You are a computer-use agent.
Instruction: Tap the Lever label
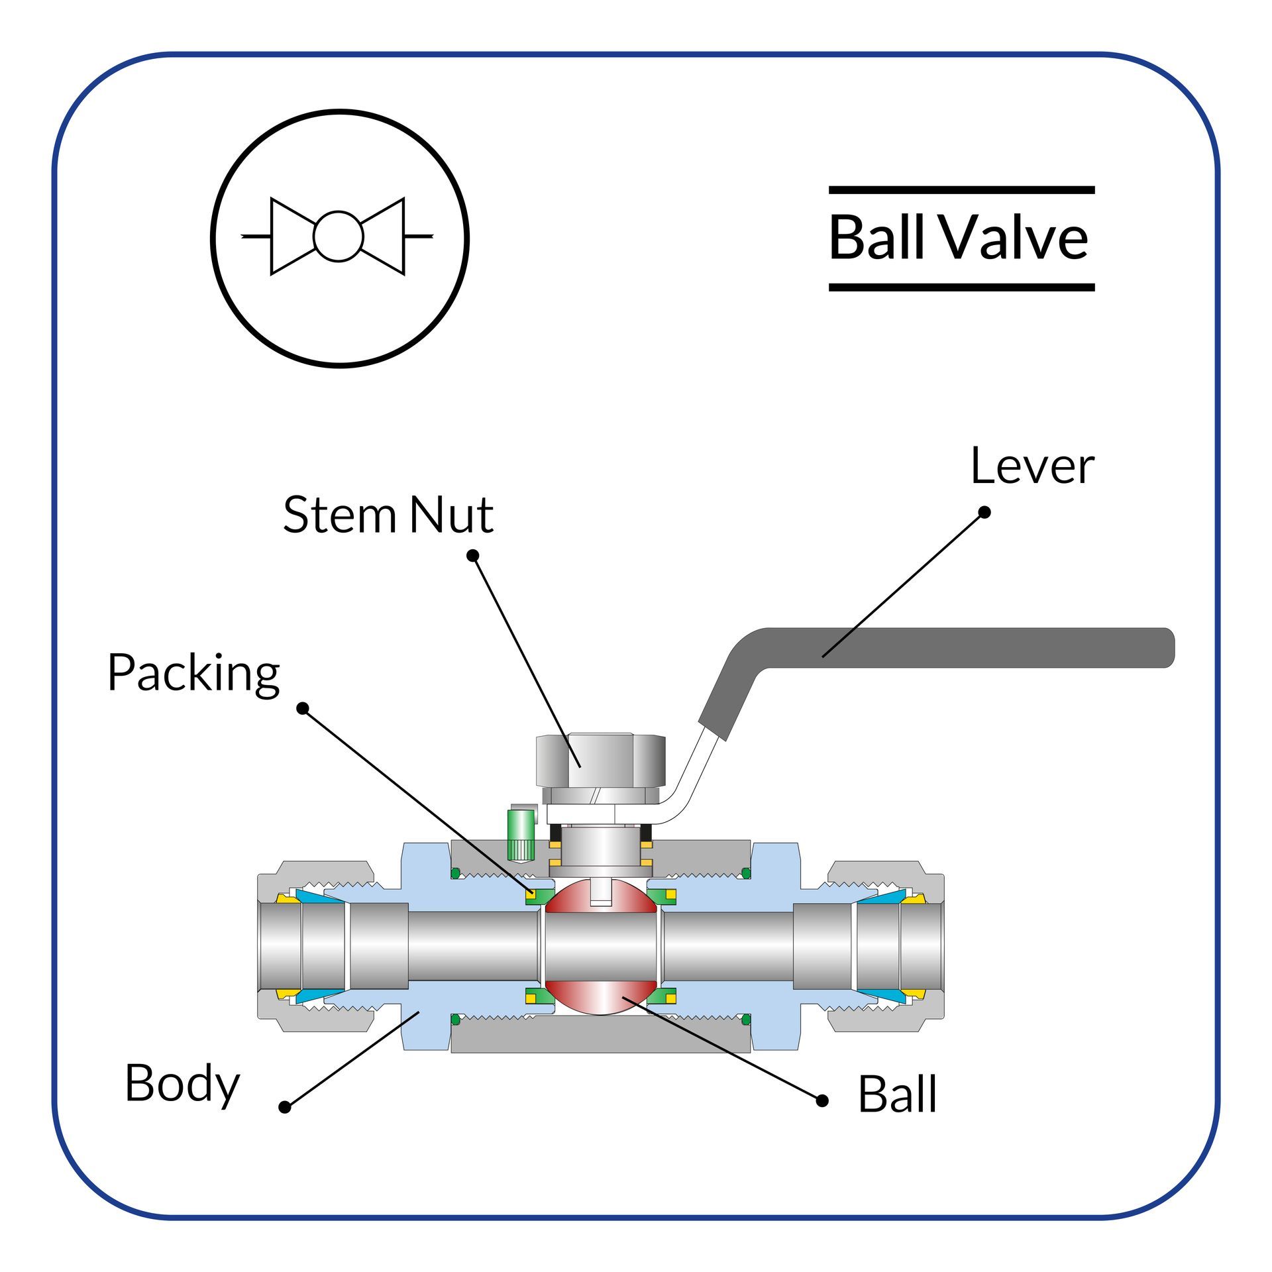pyautogui.click(x=1032, y=466)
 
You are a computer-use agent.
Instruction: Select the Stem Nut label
pyautogui.click(x=388, y=515)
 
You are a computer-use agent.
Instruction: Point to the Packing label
pyautogui.click(x=193, y=674)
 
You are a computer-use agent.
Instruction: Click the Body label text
pyautogui.click(x=182, y=1083)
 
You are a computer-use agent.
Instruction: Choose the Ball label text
pyautogui.click(x=897, y=1094)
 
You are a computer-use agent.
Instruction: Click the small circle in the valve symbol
pyautogui.click(x=339, y=237)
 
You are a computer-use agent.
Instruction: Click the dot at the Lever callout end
pyautogui.click(x=984, y=512)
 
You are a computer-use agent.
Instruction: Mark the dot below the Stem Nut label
pyautogui.click(x=472, y=555)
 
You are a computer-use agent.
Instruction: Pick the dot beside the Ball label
pyautogui.click(x=822, y=1101)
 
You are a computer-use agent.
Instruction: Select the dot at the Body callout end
pyautogui.click(x=285, y=1107)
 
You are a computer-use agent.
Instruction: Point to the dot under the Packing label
pyautogui.click(x=303, y=709)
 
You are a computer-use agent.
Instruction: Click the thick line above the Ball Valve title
pyautogui.click(x=961, y=190)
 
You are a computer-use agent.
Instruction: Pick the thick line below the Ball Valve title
pyautogui.click(x=961, y=288)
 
